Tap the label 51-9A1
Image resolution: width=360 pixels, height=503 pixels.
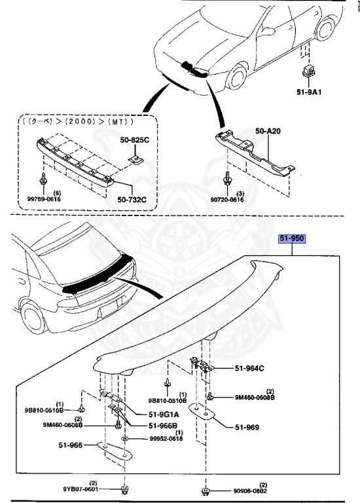pos(308,92)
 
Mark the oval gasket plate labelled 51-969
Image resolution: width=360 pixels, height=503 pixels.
pos(203,412)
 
